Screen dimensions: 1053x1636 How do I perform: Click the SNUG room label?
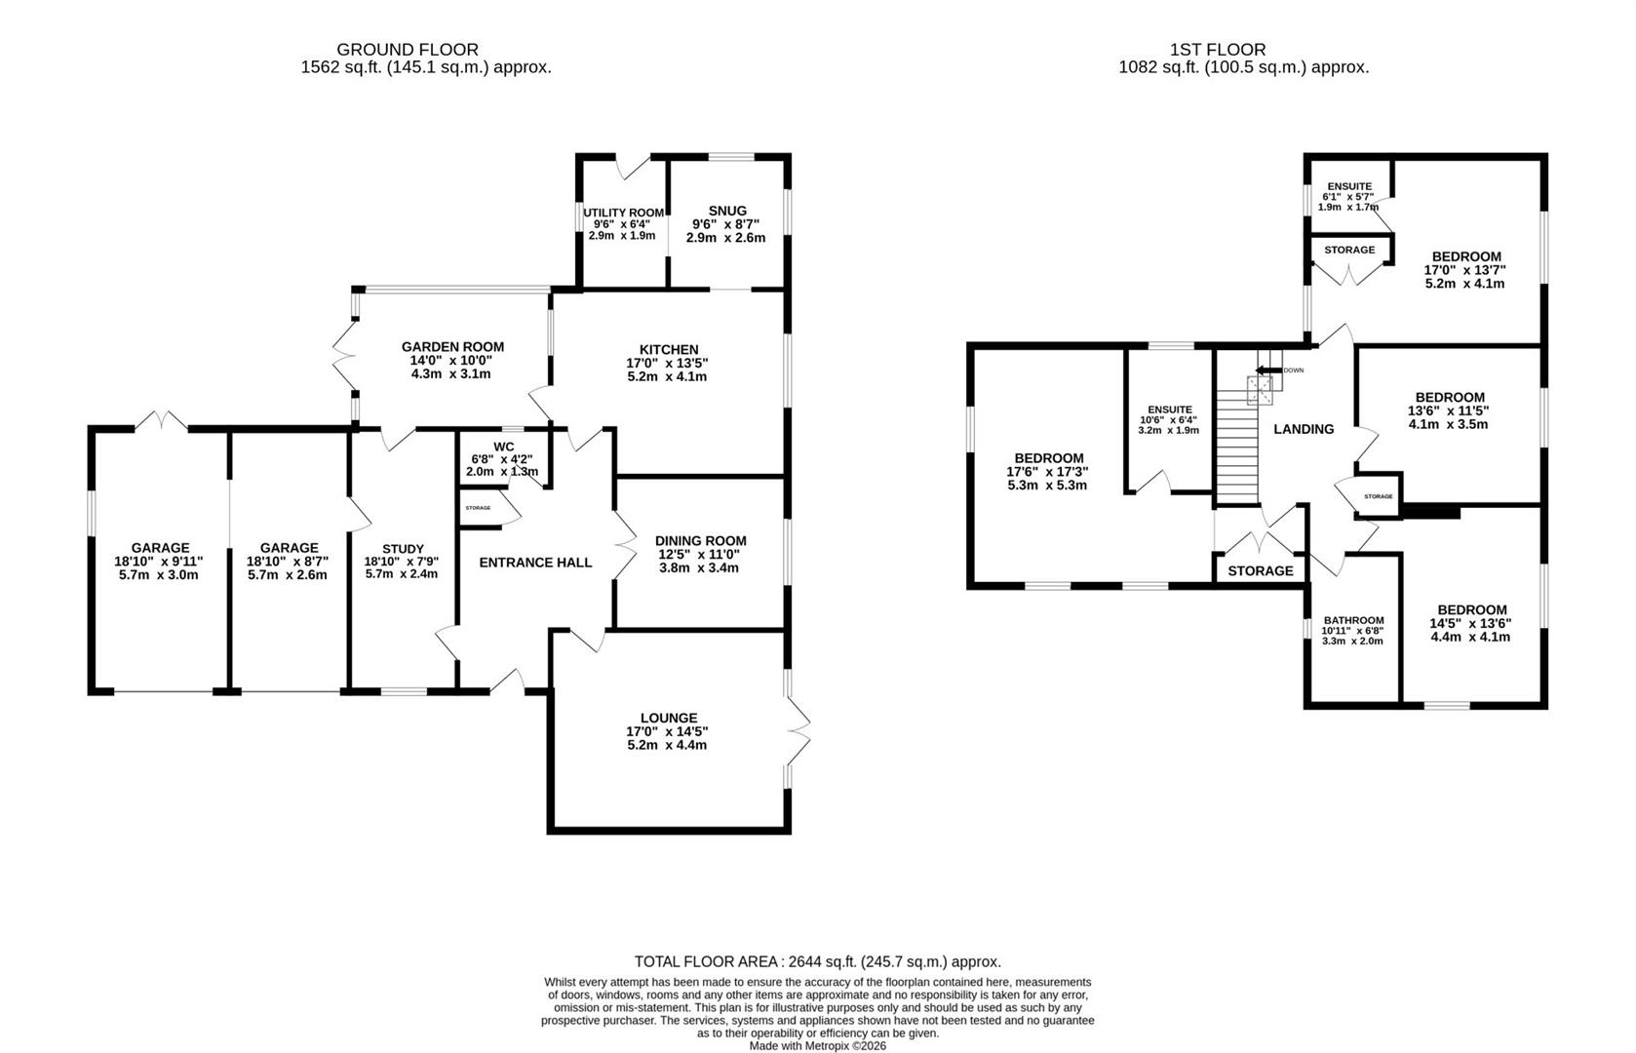pos(727,211)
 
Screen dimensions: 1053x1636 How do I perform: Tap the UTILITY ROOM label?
pos(623,213)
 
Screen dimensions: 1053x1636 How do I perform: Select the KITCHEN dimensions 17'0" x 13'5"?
pos(668,363)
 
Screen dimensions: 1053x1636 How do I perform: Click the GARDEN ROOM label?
pos(452,346)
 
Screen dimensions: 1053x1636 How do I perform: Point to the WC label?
pos(503,447)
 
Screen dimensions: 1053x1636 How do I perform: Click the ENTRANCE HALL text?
pos(535,563)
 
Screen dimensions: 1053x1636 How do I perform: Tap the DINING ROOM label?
pos(700,541)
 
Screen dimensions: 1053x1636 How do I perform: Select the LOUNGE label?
pos(668,718)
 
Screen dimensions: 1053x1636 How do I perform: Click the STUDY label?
pos(403,549)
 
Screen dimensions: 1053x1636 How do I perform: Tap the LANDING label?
pos(1304,429)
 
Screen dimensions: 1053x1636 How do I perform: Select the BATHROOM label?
pos(1353,620)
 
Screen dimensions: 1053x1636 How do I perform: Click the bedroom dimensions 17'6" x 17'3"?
pos(1047,472)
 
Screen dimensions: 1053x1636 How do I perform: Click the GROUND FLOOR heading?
pos(408,49)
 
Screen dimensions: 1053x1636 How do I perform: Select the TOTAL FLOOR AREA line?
pos(817,961)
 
